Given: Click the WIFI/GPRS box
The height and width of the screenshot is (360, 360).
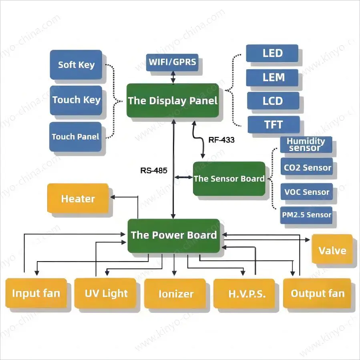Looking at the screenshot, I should click(173, 62).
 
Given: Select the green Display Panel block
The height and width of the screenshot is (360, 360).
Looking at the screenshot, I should click(173, 101).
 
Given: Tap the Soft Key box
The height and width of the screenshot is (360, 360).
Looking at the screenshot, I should click(76, 64).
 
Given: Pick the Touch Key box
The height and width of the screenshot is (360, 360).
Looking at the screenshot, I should click(76, 100).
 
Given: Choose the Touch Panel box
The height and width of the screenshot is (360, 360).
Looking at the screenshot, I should click(75, 137).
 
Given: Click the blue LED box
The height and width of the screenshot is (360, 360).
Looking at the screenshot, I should click(272, 53).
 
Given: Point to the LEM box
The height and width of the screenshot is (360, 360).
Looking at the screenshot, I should click(272, 77).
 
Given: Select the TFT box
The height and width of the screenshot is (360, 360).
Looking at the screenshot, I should click(274, 125).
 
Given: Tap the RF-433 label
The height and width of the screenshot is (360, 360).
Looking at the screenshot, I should click(221, 140).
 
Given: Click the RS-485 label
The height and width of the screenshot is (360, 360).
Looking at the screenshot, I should click(154, 170).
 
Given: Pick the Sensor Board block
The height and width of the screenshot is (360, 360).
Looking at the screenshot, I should click(229, 179).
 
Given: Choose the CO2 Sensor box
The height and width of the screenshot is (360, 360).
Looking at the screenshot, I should click(307, 168).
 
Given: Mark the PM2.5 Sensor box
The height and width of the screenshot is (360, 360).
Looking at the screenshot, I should click(307, 215).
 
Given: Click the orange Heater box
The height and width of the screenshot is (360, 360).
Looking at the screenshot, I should click(78, 199).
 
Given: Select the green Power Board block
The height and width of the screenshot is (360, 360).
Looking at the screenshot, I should click(174, 235).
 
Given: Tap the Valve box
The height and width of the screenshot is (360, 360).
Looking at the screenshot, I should click(332, 250).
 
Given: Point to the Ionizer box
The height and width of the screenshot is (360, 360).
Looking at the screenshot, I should click(176, 294).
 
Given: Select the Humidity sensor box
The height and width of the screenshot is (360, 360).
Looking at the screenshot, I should click(306, 145).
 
